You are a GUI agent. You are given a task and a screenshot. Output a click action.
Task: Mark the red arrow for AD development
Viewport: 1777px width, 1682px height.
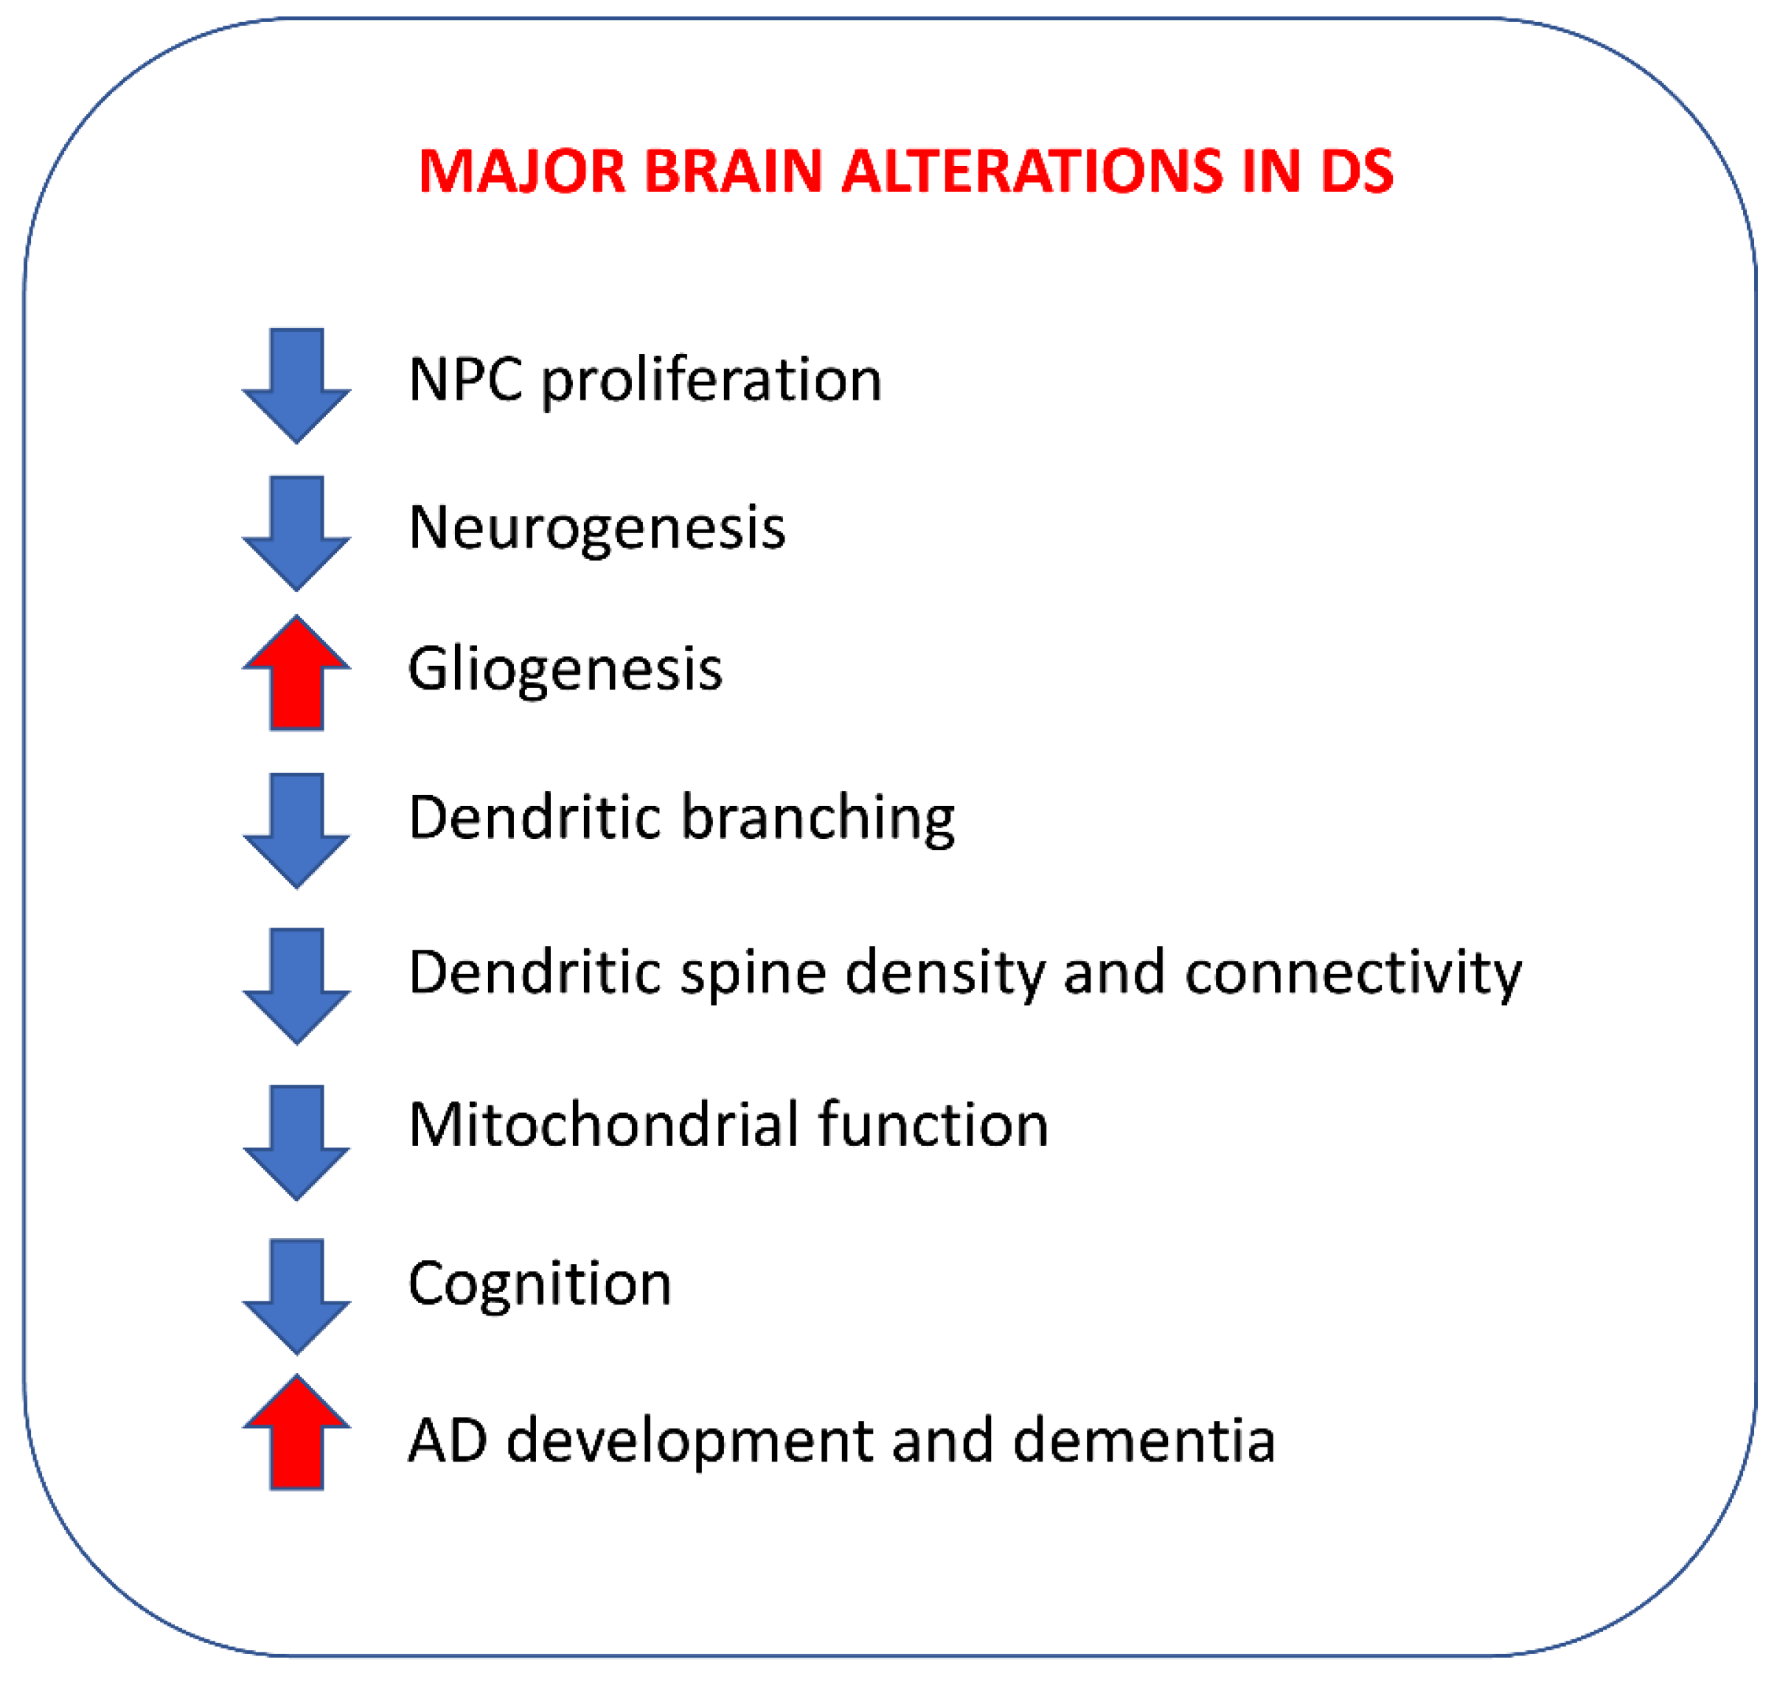tap(296, 1433)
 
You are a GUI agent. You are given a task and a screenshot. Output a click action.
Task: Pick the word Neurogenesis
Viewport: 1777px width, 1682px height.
tap(597, 528)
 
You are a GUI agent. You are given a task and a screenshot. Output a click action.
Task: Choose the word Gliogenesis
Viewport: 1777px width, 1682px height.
tap(565, 670)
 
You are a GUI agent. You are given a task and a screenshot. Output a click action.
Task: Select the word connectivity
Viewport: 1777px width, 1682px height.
tap(1353, 973)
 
